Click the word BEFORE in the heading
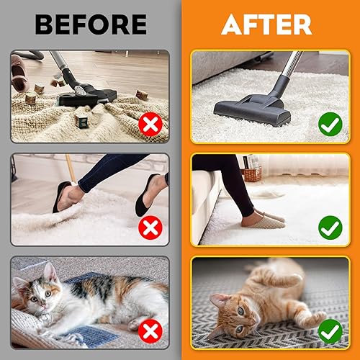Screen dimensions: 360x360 [90, 24]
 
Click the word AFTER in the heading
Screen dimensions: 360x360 [266, 24]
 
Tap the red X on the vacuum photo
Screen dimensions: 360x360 [150, 125]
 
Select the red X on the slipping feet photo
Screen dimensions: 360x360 [150, 229]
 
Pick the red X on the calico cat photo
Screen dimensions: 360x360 [150, 332]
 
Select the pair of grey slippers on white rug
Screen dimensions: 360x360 [263, 218]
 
